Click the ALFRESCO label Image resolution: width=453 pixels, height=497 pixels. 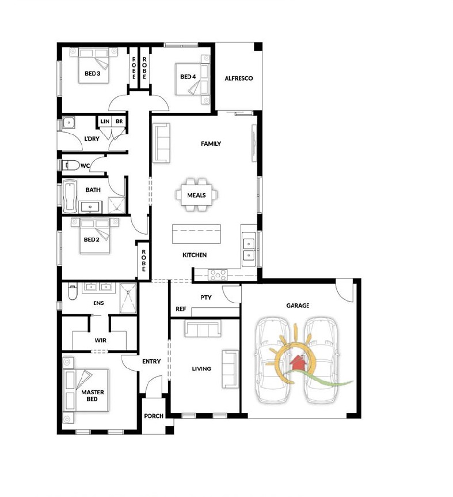(x=238, y=78)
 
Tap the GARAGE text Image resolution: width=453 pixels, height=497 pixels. (x=298, y=306)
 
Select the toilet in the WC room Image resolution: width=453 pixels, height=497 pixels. (x=71, y=165)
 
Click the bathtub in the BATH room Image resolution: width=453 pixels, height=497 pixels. (x=70, y=197)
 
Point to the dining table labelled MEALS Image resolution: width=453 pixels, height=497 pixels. (x=196, y=195)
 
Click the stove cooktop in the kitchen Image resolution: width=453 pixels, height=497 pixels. (x=218, y=274)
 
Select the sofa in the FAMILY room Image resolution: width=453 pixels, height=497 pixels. (x=161, y=143)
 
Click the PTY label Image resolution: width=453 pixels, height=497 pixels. (x=206, y=298)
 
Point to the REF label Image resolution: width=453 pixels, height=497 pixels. (x=181, y=309)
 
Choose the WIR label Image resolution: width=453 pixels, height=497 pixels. (x=101, y=340)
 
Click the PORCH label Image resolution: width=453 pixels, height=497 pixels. (x=154, y=416)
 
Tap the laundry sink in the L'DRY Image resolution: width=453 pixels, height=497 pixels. (x=68, y=123)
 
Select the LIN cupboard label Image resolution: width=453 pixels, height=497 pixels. (x=105, y=122)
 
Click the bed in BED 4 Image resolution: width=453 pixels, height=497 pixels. (x=192, y=79)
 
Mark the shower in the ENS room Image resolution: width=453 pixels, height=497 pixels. (x=128, y=298)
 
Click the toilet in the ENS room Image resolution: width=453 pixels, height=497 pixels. (x=73, y=292)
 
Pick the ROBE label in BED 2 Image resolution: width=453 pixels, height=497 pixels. (x=144, y=261)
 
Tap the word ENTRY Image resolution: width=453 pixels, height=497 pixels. (x=151, y=362)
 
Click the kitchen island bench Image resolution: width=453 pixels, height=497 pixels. (x=196, y=234)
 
